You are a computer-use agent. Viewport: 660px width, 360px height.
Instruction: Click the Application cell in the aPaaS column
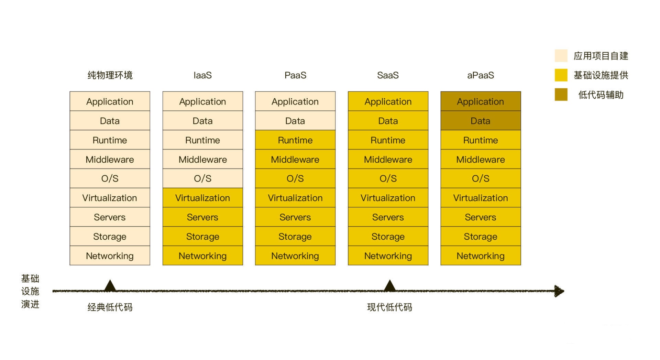pos(481,101)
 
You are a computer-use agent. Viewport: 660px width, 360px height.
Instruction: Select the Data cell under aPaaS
pos(481,121)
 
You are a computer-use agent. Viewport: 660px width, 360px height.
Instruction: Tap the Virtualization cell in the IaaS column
pos(202,198)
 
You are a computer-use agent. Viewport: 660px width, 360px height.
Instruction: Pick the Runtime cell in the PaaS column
pos(295,140)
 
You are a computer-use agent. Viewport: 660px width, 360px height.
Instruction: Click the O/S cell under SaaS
pos(388,178)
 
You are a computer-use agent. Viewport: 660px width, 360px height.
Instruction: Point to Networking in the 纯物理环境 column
pos(110,255)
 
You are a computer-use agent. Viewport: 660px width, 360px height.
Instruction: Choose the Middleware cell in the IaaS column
pos(202,159)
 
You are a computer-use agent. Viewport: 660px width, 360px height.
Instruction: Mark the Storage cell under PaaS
pos(295,236)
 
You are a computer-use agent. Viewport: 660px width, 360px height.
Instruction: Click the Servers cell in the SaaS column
pos(388,217)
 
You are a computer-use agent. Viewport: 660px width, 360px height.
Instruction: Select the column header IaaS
pos(202,75)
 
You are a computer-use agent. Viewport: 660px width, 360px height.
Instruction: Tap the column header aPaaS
pos(481,75)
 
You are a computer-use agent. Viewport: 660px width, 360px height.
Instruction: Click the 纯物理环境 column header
pos(110,75)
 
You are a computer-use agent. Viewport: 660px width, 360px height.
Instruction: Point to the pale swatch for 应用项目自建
pos(561,56)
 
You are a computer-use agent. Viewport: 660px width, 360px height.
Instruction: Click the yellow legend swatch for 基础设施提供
pos(561,75)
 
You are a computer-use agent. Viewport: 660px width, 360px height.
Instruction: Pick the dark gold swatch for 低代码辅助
pos(561,95)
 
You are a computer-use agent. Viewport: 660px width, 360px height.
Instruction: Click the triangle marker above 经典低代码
pos(110,286)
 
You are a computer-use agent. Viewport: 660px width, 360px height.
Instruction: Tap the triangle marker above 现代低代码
pos(389,286)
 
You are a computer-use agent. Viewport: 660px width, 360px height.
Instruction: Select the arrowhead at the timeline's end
pos(559,291)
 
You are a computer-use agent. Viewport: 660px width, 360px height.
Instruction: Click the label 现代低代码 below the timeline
pos(389,307)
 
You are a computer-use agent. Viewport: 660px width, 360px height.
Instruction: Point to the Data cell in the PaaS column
pos(295,121)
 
